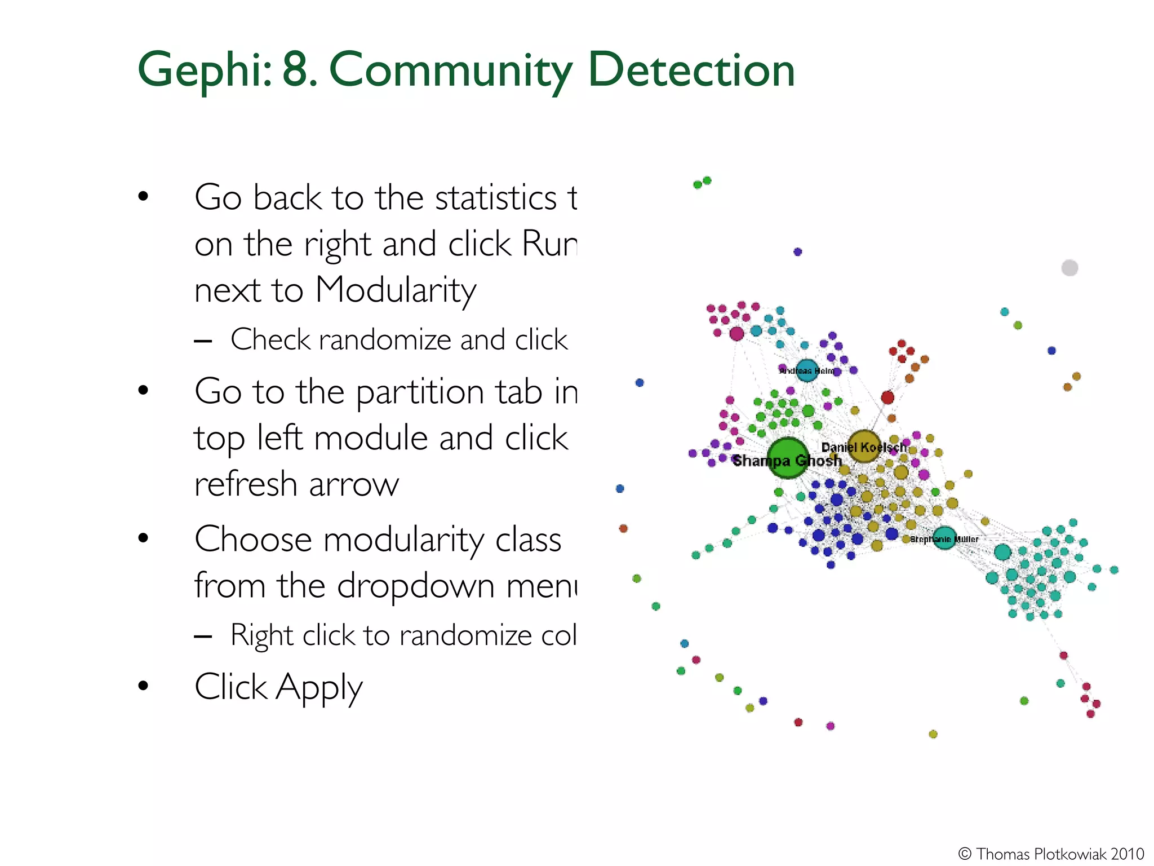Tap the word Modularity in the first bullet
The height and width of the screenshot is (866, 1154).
coord(396,290)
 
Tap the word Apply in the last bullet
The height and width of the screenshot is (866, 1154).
coord(318,688)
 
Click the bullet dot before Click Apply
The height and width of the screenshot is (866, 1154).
coord(143,686)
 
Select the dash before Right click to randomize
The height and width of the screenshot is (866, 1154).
coord(202,637)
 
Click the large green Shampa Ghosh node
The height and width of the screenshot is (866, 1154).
coord(787,457)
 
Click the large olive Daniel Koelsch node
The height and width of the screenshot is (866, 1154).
coord(864,445)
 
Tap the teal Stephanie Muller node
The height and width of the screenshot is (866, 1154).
coord(944,537)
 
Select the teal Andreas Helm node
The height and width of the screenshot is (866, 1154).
coord(807,370)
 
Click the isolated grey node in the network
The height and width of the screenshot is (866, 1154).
coord(1069,268)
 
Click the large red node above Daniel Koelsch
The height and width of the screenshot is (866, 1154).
coord(887,397)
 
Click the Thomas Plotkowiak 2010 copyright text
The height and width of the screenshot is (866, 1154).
coord(1051,854)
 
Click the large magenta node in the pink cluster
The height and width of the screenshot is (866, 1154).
coord(736,334)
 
